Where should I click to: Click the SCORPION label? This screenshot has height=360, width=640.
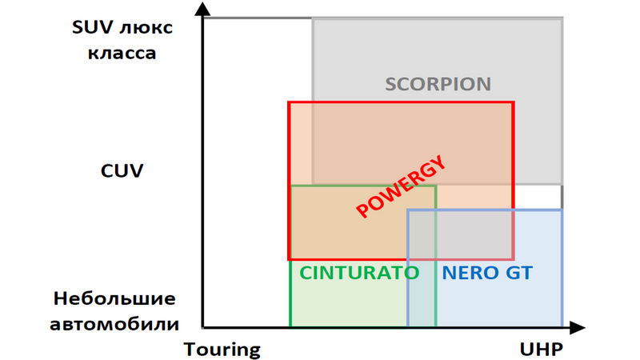tap(438, 84)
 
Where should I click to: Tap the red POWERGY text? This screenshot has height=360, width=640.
tap(400, 189)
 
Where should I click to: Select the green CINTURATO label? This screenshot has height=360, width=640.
tap(359, 272)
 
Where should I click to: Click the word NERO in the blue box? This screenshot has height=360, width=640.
tap(468, 272)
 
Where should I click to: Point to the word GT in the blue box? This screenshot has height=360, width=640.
tap(517, 272)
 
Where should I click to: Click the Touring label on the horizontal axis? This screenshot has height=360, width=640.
tap(222, 350)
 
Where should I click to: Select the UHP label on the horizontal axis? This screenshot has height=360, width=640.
tap(541, 350)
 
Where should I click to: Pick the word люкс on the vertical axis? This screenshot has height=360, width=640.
tap(145, 28)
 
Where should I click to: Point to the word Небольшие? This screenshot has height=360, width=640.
tap(114, 298)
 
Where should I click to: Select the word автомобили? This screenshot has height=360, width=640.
tap(114, 324)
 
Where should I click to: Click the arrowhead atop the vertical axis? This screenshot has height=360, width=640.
tap(204, 10)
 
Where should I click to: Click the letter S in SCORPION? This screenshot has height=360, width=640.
tap(390, 84)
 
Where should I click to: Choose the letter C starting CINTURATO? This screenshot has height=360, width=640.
tap(306, 272)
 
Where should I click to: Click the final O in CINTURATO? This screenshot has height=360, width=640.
tap(413, 272)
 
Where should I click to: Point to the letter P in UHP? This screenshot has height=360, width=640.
tap(556, 350)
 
